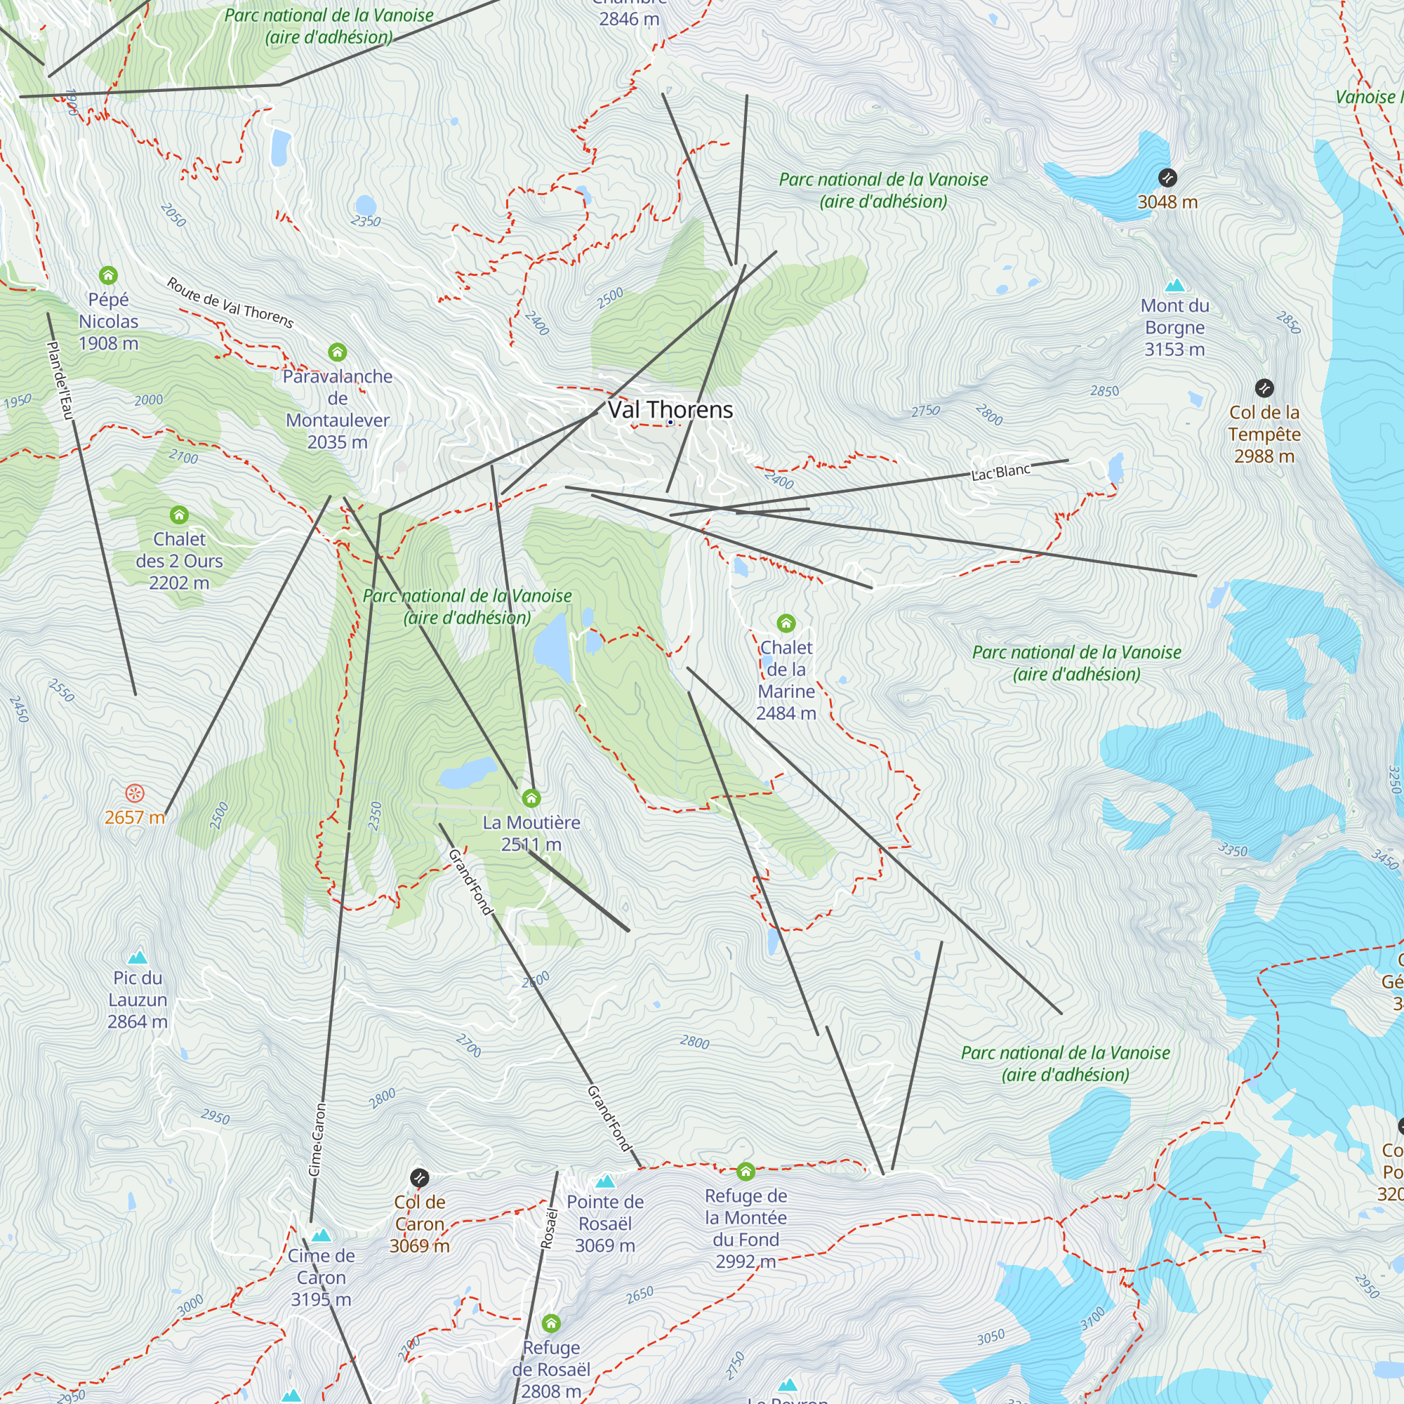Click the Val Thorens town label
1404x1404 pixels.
pos(670,410)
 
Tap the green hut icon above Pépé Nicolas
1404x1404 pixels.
pos(108,275)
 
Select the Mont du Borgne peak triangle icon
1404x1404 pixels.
pos(1174,286)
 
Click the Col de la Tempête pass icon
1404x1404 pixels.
pos(1264,388)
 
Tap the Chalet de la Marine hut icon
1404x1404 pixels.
pos(786,623)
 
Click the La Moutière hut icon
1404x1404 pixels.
pos(531,799)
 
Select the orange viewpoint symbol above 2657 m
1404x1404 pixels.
pos(135,793)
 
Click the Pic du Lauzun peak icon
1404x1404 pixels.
pos(138,957)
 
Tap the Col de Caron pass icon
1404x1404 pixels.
pos(419,1178)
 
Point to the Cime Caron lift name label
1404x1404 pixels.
pos(317,1139)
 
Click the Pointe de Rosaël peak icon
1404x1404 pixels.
pos(604,1181)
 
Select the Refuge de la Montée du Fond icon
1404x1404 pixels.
pos(746,1172)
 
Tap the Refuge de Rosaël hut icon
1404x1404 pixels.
pos(551,1323)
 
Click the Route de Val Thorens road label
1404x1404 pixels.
pos(230,303)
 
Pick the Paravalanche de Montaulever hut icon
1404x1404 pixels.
pos(337,352)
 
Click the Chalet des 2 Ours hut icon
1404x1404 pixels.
pos(179,515)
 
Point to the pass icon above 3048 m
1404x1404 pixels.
pos(1167,178)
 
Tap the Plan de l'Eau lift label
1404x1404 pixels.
pos(60,380)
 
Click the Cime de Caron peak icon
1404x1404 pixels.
pos(322,1236)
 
